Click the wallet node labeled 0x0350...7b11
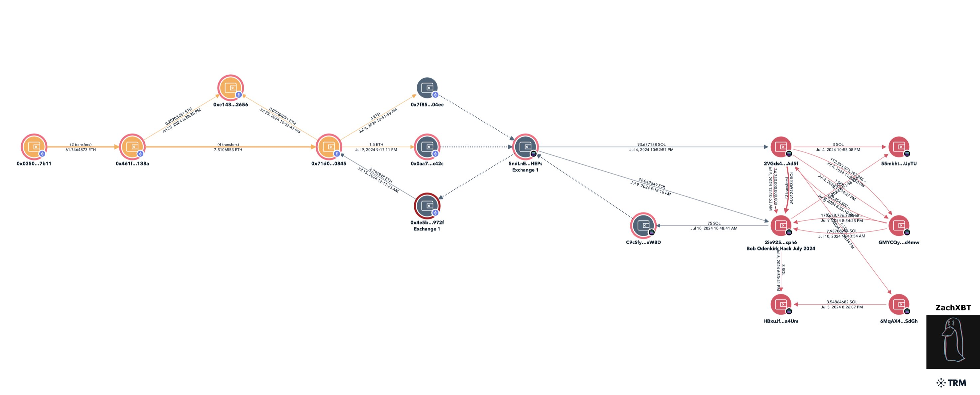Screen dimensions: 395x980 click(34, 147)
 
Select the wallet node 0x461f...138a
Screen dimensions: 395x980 click(132, 147)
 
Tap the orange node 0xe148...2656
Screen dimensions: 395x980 click(231, 88)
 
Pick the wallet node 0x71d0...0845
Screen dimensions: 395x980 click(329, 147)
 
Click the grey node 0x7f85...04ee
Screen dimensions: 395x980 click(427, 88)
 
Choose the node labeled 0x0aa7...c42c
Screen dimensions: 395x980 click(427, 147)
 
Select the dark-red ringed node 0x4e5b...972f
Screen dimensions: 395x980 click(427, 206)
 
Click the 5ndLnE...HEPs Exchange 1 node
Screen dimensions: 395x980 click(525, 147)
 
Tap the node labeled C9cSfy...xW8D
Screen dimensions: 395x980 click(643, 225)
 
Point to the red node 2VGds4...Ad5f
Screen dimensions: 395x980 click(781, 147)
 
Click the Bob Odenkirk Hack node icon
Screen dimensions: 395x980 click(781, 225)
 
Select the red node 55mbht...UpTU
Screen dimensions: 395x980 click(899, 147)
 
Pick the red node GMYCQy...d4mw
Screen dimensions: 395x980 click(899, 225)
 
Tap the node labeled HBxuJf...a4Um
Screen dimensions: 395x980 click(781, 304)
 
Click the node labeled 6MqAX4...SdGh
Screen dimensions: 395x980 click(899, 304)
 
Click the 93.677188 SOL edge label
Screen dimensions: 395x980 click(651, 144)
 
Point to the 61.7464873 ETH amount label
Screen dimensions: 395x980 click(81, 150)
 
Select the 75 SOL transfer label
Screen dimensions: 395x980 click(714, 223)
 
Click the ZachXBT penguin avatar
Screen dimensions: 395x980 click(953, 341)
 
